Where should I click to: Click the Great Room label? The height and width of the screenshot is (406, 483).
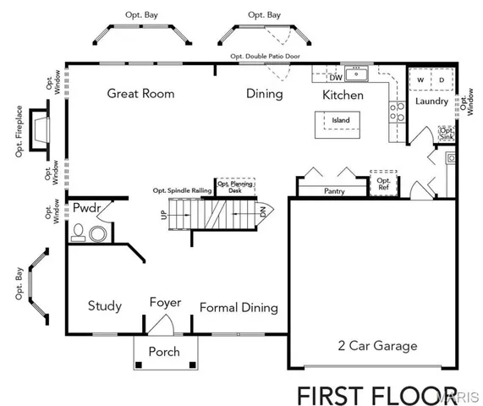(140, 93)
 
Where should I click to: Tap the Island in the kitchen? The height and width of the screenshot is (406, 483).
(340, 121)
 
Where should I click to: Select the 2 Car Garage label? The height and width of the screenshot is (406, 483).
(378, 345)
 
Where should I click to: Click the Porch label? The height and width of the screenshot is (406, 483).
(164, 352)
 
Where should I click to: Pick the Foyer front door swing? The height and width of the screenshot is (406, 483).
(165, 324)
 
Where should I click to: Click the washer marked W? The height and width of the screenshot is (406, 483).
(420, 80)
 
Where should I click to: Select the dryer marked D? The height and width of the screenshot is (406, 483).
(441, 80)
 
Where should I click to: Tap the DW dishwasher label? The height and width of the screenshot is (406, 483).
(335, 79)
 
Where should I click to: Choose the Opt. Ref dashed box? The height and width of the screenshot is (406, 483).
(383, 184)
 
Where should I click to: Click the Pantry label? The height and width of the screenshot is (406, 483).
(334, 192)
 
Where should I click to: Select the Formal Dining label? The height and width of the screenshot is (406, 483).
(239, 308)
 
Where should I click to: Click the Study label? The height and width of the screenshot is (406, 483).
(105, 306)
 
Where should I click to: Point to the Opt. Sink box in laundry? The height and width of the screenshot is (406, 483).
(446, 134)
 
